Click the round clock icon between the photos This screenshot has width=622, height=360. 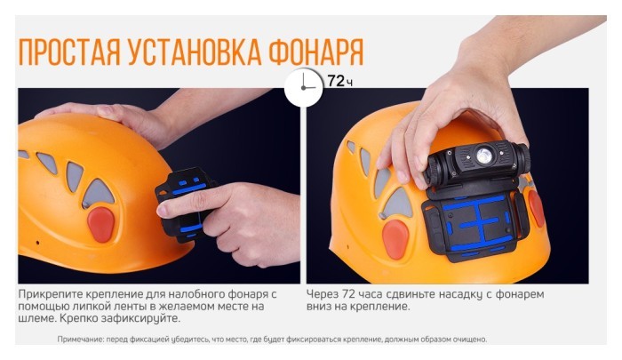[303, 86]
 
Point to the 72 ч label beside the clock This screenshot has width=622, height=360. [337, 81]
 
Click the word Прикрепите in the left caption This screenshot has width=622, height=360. [50, 294]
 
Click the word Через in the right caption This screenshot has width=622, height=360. [323, 294]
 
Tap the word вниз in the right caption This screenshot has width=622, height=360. [321, 307]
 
